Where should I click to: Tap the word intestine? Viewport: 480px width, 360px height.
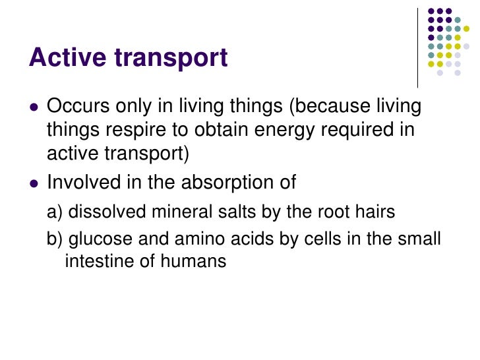coord(96,261)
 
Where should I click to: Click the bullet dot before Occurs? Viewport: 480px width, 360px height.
coord(34,107)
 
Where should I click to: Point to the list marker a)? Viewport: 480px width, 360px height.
coord(55,212)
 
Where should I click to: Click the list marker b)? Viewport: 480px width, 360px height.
coord(55,239)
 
